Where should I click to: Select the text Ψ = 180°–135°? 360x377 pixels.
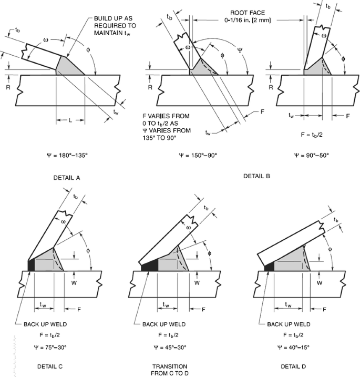tap(67, 156)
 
